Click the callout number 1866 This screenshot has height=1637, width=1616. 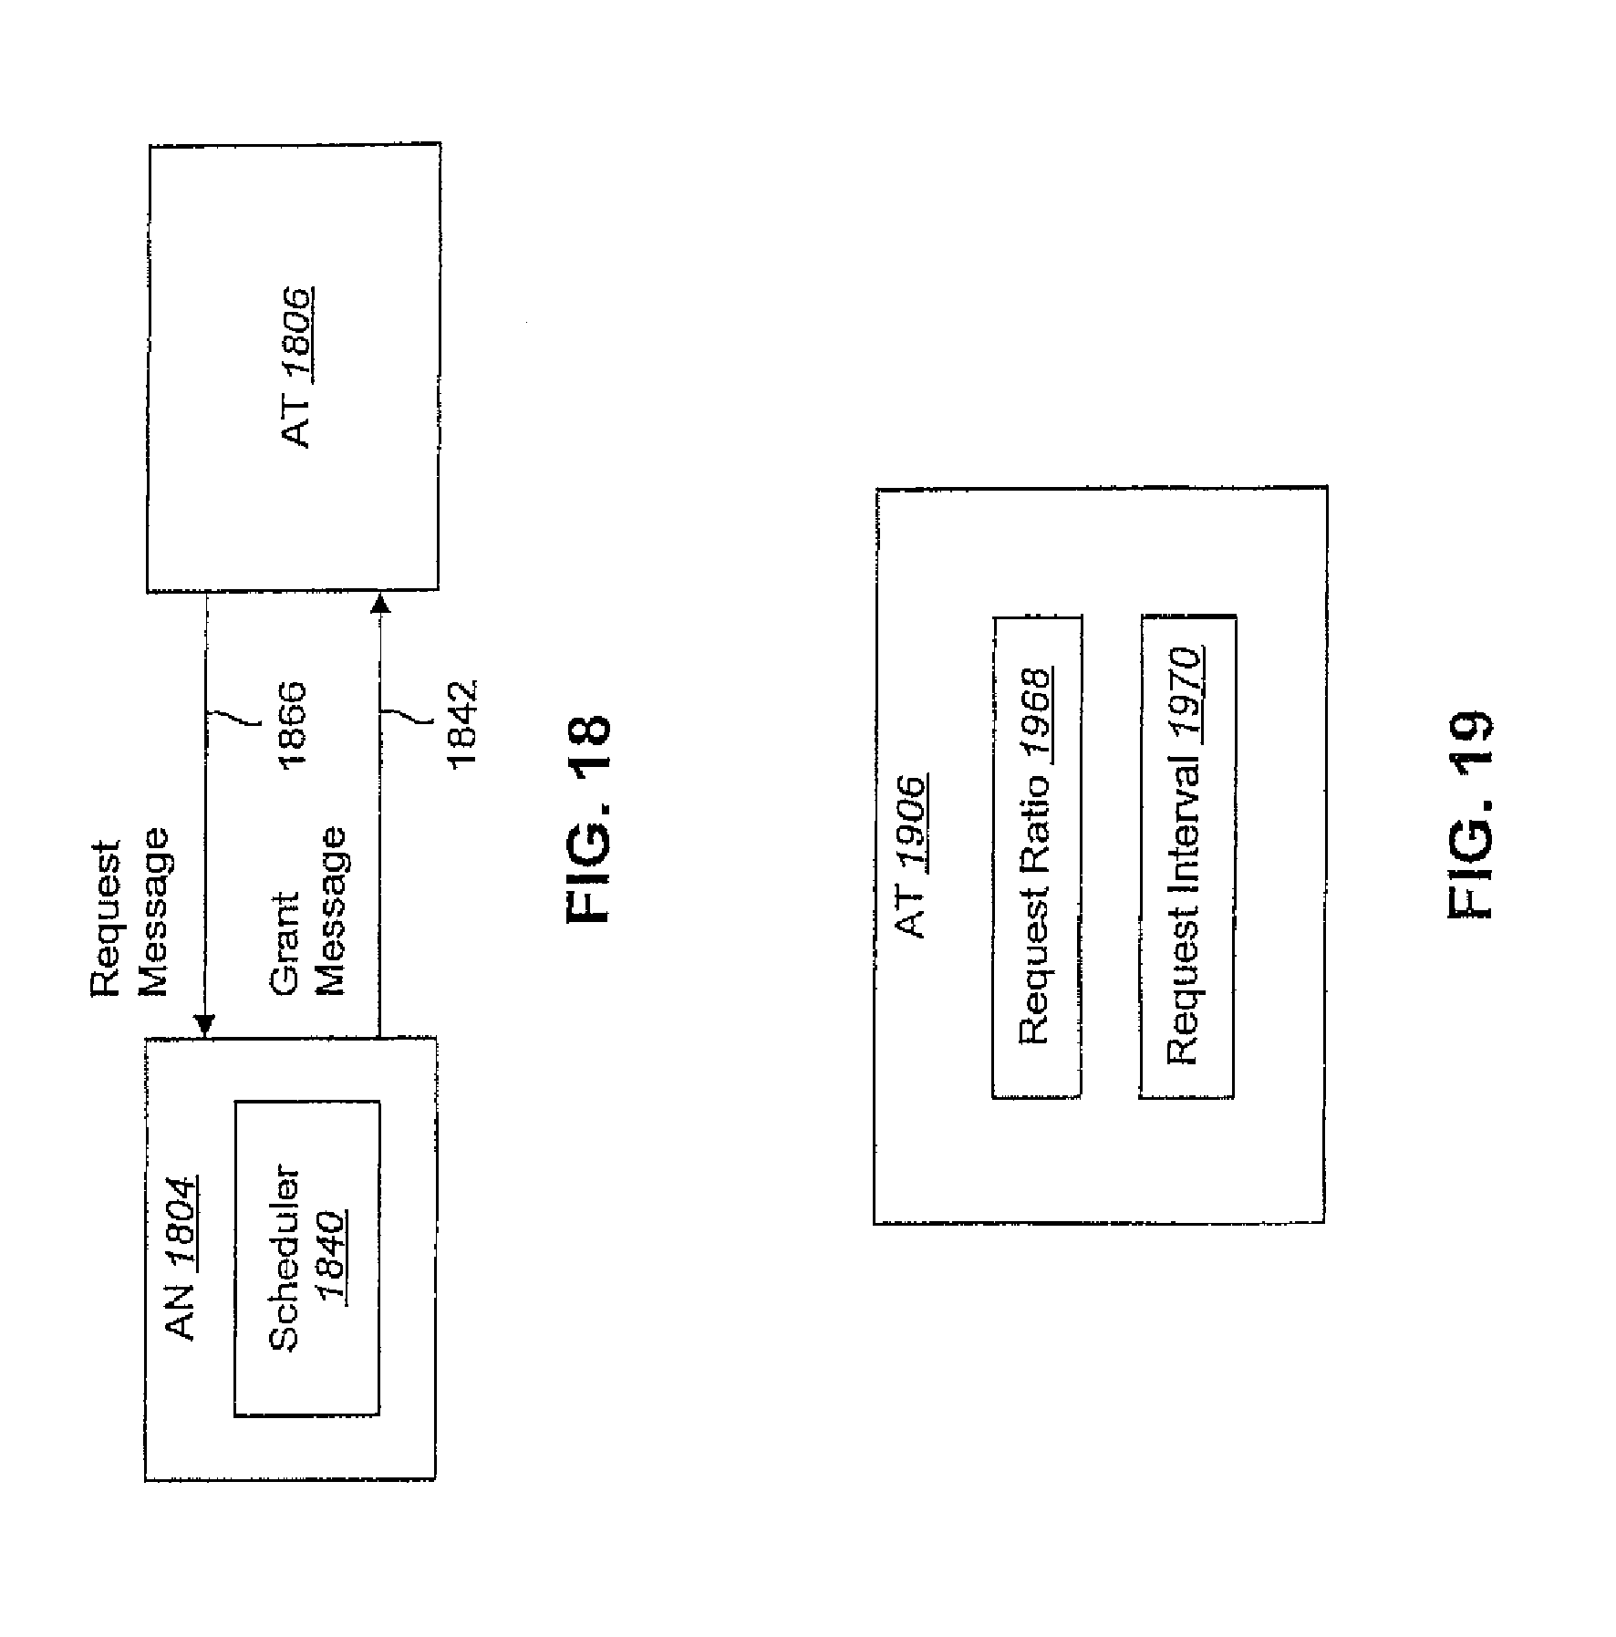click(292, 725)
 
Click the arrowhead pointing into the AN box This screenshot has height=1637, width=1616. click(207, 1025)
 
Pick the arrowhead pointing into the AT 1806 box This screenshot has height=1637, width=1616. click(379, 604)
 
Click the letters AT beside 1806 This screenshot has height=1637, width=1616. click(298, 426)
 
